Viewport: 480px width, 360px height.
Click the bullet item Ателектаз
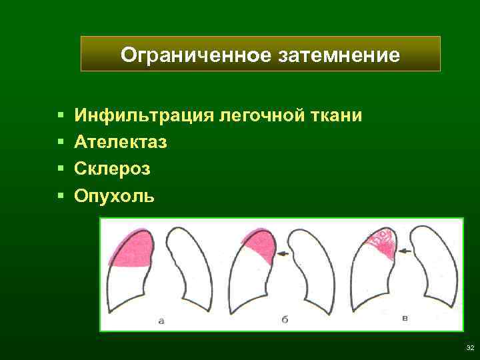click(121, 143)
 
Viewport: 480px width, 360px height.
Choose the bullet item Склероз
click(113, 169)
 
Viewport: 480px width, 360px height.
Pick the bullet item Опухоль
click(115, 196)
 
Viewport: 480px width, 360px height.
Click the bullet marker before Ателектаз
click(60, 143)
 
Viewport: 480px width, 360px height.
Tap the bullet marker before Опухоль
click(60, 196)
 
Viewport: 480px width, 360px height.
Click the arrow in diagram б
click(283, 253)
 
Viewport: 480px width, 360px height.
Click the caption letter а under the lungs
click(161, 321)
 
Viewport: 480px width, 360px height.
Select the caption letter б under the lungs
click(284, 319)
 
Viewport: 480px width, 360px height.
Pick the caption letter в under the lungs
click(405, 318)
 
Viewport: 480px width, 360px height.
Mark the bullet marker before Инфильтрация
click(60, 116)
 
